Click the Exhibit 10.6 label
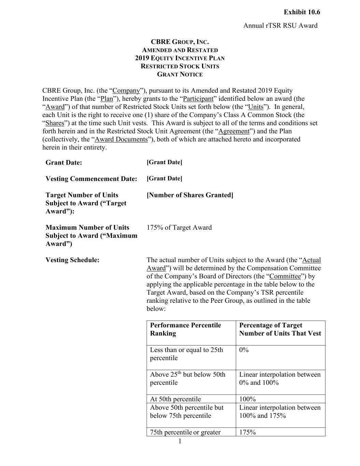click(302, 12)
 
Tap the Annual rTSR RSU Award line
click(280, 26)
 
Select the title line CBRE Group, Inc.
click(180, 42)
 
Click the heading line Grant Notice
click(180, 74)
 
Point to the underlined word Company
click(126, 91)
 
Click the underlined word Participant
click(198, 99)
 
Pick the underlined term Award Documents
click(121, 139)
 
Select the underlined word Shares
click(55, 123)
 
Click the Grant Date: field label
click(64, 163)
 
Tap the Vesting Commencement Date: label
click(91, 179)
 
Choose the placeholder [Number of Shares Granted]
click(190, 195)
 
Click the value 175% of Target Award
click(179, 228)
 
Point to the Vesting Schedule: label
click(72, 260)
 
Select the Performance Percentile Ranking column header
click(185, 329)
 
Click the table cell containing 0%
click(244, 350)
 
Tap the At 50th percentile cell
click(175, 399)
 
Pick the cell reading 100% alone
click(247, 399)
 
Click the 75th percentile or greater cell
click(185, 432)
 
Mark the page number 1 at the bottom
click(180, 442)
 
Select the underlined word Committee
click(285, 277)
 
